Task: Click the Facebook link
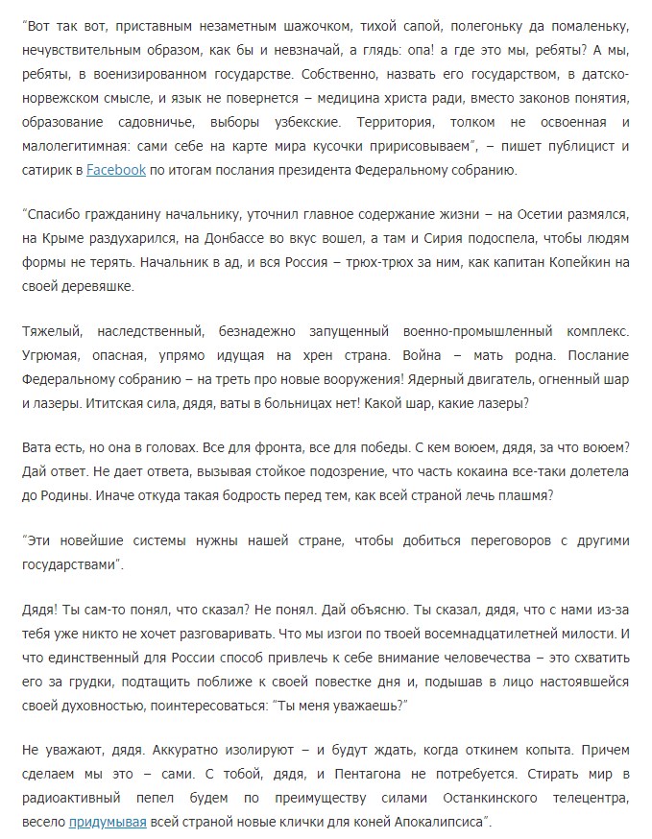pyautogui.click(x=116, y=171)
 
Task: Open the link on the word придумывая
pyautogui.click(x=108, y=823)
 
